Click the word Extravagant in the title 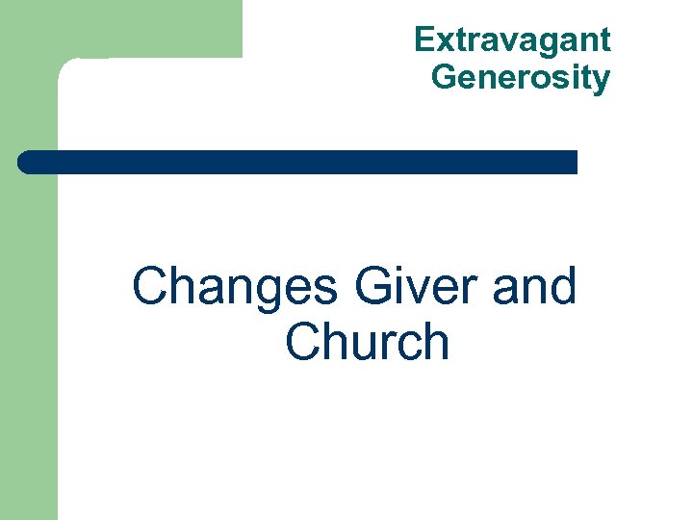[x=512, y=40]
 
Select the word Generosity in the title [x=521, y=76]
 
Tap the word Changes [x=235, y=287]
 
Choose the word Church [x=368, y=342]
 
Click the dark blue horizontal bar [x=298, y=162]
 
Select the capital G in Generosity [x=444, y=76]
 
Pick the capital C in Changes [x=151, y=287]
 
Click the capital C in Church [x=305, y=342]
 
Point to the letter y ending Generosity [x=602, y=80]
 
